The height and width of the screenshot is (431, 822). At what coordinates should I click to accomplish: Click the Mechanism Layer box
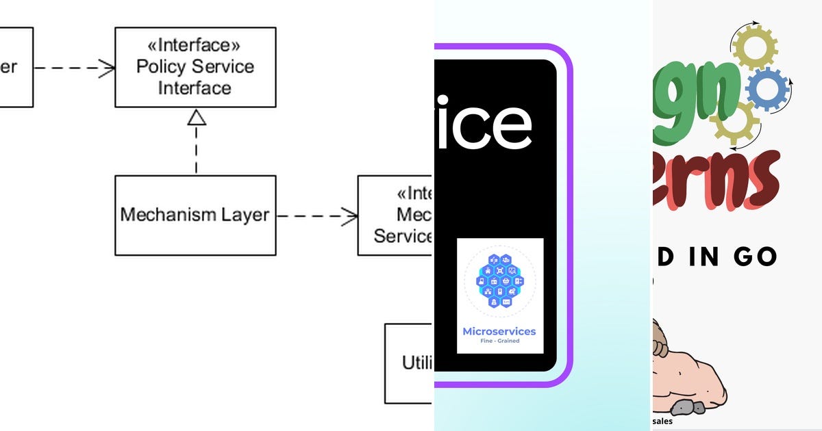(x=195, y=215)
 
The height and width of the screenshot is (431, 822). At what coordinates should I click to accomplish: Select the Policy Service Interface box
(x=195, y=67)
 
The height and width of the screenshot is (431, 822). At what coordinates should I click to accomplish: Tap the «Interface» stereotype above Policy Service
(x=195, y=45)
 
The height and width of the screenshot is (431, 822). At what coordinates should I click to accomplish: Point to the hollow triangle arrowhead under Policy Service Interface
(x=197, y=118)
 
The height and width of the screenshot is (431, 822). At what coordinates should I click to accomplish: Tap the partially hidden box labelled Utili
(x=410, y=363)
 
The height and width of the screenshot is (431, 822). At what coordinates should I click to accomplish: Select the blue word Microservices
(x=499, y=332)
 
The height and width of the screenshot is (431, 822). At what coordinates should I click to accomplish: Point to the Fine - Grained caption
(x=499, y=341)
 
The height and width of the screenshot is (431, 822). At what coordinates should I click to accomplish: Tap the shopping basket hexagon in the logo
(x=505, y=281)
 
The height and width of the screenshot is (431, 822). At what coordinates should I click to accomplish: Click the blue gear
(x=767, y=89)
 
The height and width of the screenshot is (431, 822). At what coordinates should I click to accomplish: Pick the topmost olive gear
(x=754, y=46)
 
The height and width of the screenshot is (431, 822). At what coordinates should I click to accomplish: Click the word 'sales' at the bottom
(x=662, y=422)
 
